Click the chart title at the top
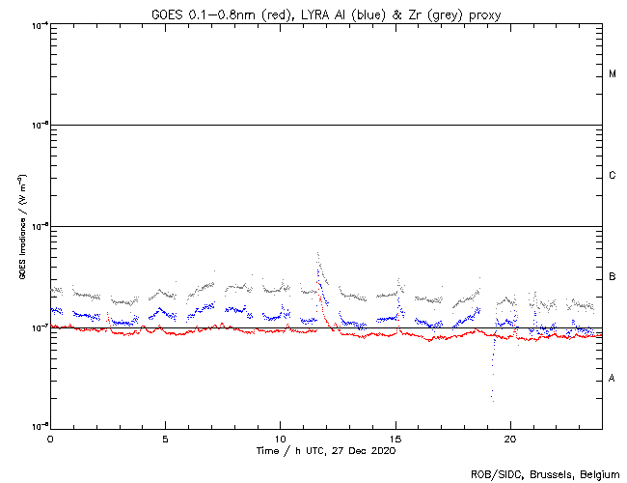coord(326,14)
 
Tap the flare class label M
coord(613,74)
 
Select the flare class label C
coord(613,176)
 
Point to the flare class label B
coord(613,278)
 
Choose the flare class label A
coord(613,378)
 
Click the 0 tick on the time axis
coord(50,438)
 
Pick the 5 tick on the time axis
coord(165,438)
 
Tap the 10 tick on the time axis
coord(280,438)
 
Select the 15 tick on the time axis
coord(395,438)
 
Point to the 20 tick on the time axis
coord(509,438)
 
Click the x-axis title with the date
coord(326,450)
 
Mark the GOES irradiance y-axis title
coord(20,226)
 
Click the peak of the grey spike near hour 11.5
coord(317,253)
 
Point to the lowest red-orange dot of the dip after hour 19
coord(492,398)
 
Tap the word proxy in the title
coord(483,14)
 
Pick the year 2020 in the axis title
coord(383,450)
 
